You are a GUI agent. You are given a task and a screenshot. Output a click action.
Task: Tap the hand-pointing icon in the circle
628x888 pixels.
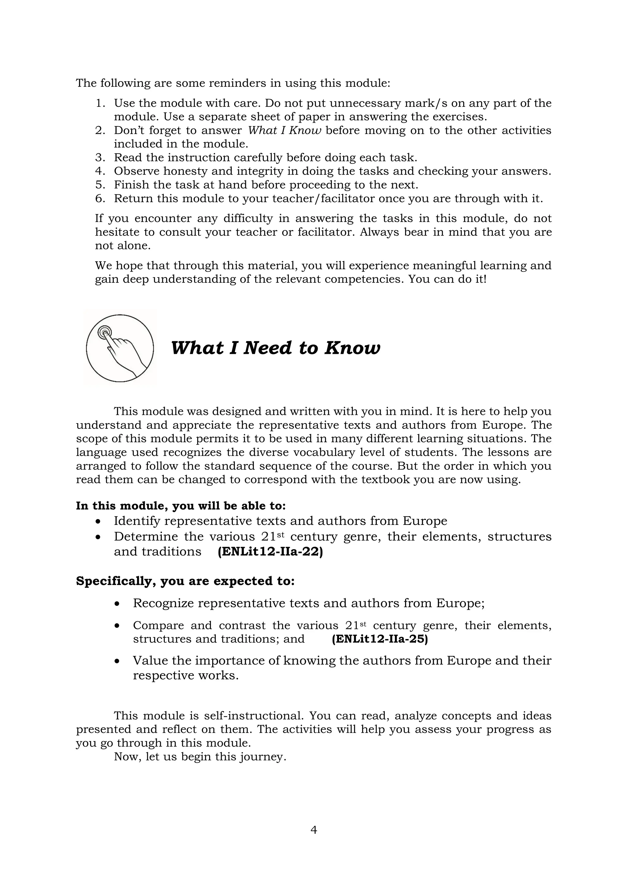click(120, 348)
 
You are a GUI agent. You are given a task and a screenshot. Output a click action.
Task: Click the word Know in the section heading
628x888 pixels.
click(352, 348)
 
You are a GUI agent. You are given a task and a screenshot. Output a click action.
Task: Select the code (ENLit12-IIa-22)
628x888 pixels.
click(270, 552)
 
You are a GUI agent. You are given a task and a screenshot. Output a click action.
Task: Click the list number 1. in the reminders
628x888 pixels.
click(101, 103)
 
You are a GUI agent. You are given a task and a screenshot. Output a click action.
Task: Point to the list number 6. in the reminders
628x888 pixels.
click(101, 198)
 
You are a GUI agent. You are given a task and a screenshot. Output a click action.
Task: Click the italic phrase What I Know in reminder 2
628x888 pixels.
click(284, 130)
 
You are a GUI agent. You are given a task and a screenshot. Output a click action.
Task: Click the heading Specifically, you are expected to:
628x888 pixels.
click(185, 581)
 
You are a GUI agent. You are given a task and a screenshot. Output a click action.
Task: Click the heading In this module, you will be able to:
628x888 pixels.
click(181, 506)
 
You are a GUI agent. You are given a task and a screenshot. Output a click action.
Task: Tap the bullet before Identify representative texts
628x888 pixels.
click(99, 521)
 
